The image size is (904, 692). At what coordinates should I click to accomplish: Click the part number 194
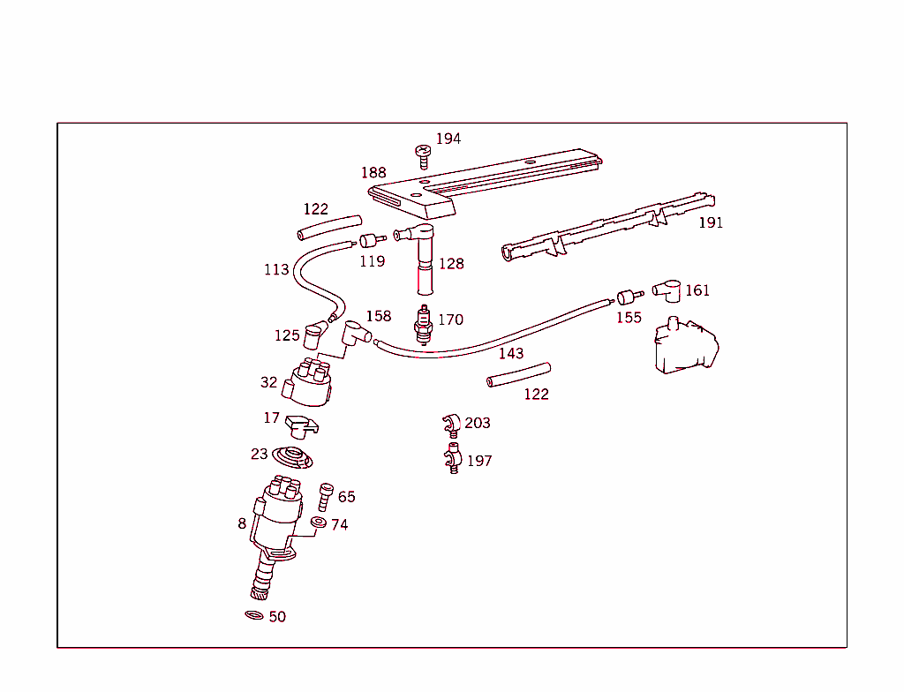coord(448,139)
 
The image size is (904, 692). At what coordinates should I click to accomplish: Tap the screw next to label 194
coord(423,156)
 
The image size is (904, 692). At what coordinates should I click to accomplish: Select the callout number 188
coord(373,173)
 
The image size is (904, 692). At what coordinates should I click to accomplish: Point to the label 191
coord(710,222)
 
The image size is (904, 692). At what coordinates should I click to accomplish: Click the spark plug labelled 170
coord(425,324)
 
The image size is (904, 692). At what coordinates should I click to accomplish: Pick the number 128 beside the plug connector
coord(450,263)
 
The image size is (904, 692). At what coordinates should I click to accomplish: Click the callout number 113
coord(276,269)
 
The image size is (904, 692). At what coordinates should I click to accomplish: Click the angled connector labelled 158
coord(356,333)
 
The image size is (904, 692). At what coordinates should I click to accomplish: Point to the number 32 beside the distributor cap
coord(268,382)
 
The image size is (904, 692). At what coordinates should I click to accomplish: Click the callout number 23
coord(259,455)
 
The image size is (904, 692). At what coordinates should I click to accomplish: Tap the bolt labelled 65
coord(325,495)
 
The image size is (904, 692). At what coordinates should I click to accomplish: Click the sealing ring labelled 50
coord(254,614)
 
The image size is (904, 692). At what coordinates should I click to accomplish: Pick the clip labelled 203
coord(450,425)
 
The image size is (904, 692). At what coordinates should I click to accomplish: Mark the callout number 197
coord(479,461)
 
